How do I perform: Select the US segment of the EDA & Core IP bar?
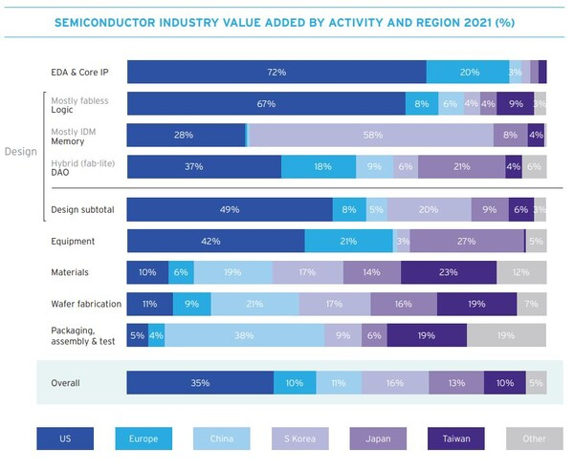coord(276,73)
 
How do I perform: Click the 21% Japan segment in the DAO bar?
coord(461,166)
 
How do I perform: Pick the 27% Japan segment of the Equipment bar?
coord(467,241)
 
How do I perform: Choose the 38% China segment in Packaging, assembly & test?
coord(244,335)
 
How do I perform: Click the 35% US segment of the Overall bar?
coord(200,383)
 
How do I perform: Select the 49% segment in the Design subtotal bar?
coord(230,210)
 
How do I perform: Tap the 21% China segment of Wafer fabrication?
coord(254,305)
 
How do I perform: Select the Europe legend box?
coord(143,437)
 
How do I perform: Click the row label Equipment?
coord(74,241)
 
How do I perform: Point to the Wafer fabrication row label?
coord(86,305)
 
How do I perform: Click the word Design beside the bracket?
coord(21,151)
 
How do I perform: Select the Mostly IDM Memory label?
coord(81,135)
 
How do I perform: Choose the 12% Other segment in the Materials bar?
coord(520,273)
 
